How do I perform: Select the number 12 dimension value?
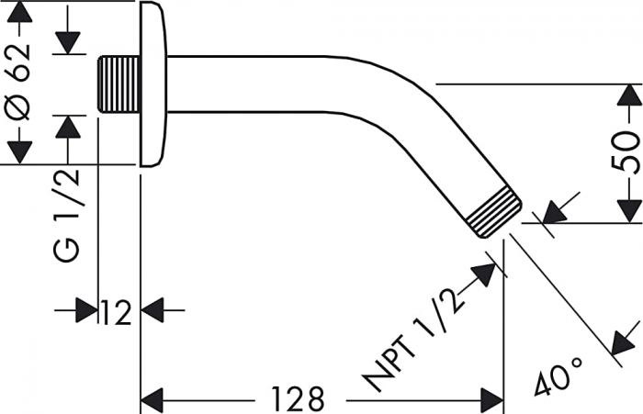click(117, 311)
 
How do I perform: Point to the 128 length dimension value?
click(298, 399)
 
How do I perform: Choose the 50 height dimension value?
click(626, 152)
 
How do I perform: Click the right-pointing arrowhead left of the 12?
click(87, 311)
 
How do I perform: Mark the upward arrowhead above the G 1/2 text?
click(66, 128)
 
